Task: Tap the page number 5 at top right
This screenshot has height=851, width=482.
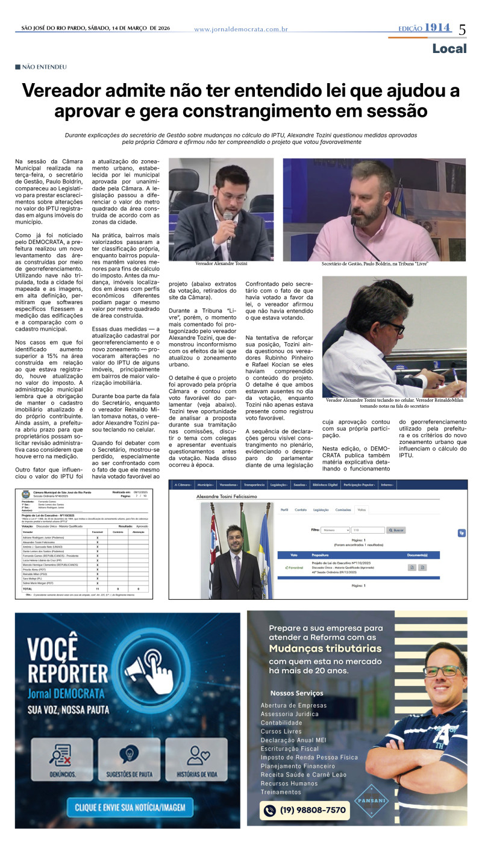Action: tap(463, 30)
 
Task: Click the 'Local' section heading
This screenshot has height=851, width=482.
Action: tap(449, 49)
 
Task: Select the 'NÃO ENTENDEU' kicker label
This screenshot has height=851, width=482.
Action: tap(44, 67)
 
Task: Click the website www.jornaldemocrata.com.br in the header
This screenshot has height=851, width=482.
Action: tap(240, 30)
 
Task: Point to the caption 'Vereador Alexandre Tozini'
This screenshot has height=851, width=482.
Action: tap(221, 264)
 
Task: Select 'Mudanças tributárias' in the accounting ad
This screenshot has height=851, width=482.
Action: tap(325, 649)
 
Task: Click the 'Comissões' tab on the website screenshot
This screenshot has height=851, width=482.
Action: tap(343, 510)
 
